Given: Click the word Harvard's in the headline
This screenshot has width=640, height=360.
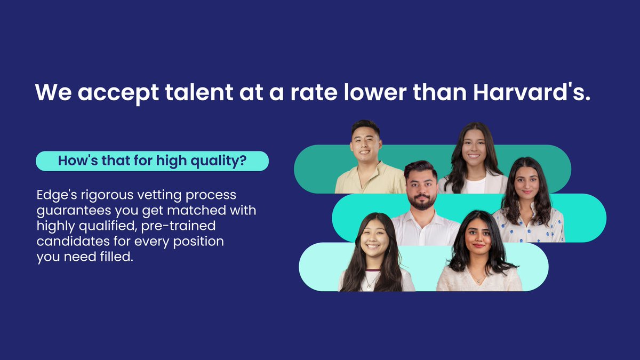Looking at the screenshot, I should [x=533, y=92].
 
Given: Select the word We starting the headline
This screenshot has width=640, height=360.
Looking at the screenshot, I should [x=53, y=92].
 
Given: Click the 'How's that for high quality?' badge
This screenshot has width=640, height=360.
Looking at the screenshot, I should [x=152, y=161].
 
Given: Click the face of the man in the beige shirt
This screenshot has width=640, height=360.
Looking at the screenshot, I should [x=366, y=143].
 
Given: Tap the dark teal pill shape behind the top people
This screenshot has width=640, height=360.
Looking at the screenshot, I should [x=315, y=169].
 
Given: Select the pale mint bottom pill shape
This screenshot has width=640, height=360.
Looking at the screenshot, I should [x=320, y=267].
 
